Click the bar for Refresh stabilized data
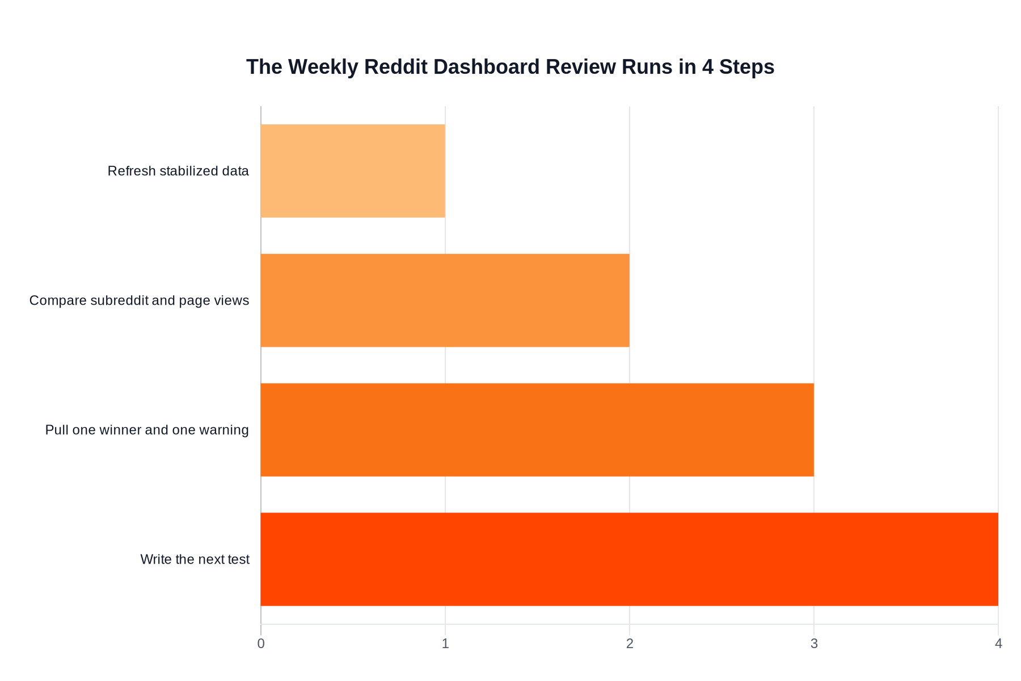[353, 171]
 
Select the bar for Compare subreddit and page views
[445, 300]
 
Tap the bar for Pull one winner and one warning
[537, 430]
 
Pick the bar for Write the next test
[629, 559]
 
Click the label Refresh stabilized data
[178, 171]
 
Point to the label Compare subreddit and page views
[139, 300]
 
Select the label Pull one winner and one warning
[147, 430]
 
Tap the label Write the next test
[195, 559]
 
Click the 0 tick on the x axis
[261, 644]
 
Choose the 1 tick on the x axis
[445, 644]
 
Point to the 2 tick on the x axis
[630, 644]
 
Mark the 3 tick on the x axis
[814, 644]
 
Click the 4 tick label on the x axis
[998, 644]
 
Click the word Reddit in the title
[395, 67]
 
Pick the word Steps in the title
[746, 67]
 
